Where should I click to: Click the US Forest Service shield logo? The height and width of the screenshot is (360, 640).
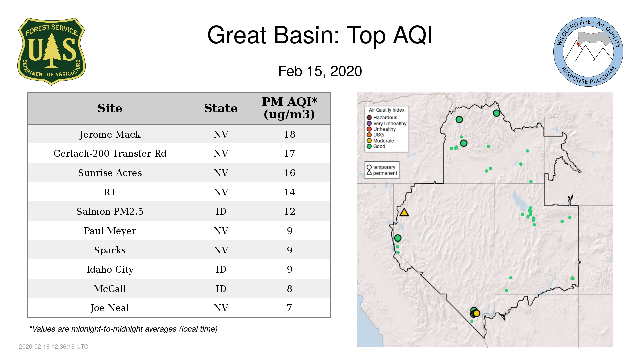coord(51,51)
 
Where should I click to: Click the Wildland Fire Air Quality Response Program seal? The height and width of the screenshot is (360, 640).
coord(588,52)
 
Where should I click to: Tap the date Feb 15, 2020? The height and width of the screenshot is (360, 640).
coord(320,71)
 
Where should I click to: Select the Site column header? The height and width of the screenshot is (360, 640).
coord(110,108)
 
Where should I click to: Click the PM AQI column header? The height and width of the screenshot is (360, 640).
coord(289,108)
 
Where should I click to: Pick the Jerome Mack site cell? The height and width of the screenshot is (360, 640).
coord(110,135)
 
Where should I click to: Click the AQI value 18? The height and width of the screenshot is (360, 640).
coord(290,134)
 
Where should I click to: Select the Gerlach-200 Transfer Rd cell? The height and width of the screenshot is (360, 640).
coord(110,153)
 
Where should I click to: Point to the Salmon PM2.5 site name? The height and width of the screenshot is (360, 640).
coord(110,211)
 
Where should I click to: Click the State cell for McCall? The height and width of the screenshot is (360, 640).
coord(221,289)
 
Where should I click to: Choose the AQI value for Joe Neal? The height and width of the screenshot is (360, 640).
coord(289,308)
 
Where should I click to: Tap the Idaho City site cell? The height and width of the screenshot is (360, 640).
coord(110,270)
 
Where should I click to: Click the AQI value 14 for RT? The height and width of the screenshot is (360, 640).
coord(290,192)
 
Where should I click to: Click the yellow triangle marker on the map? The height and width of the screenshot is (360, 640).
coord(404,212)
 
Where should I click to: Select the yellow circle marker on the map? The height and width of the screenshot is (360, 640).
coord(477,313)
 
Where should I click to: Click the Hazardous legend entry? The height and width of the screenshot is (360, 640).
coord(382,118)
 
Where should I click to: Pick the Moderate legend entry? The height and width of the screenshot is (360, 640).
coord(380,141)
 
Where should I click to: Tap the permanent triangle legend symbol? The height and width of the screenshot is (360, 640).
coord(369,173)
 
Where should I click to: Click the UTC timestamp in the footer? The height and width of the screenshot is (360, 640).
coord(54,347)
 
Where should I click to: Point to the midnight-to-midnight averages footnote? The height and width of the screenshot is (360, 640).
coord(123,329)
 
